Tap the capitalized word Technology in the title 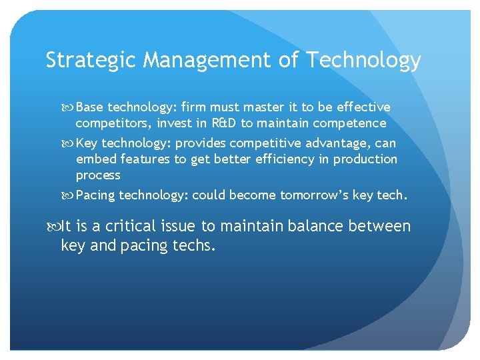(363, 61)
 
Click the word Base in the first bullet (90, 107)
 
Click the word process (98, 175)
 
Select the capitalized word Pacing (96, 195)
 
